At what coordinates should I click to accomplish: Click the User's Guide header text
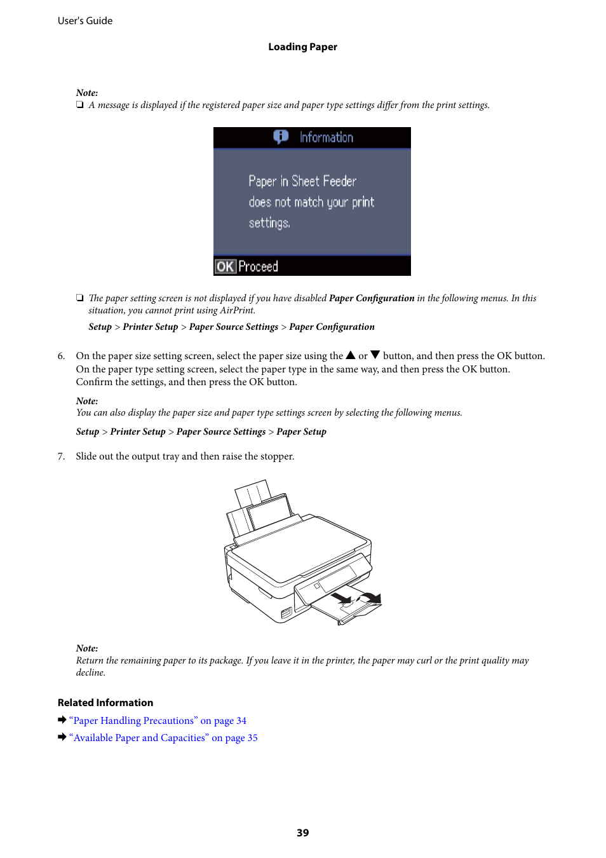pyautogui.click(x=85, y=21)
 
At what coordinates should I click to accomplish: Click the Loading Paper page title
pyautogui.click(x=302, y=47)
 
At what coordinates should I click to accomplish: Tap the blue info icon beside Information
pyautogui.click(x=281, y=137)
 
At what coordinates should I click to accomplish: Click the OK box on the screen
pyautogui.click(x=225, y=266)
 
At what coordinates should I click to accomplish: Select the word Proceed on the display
pyautogui.click(x=258, y=266)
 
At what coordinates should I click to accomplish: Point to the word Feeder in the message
pyautogui.click(x=340, y=181)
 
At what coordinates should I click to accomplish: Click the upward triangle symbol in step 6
pyautogui.click(x=351, y=355)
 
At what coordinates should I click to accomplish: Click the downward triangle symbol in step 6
pyautogui.click(x=375, y=355)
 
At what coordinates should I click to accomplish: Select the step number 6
pyautogui.click(x=61, y=356)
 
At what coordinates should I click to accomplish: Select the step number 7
pyautogui.click(x=61, y=456)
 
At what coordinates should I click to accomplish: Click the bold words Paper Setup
pyautogui.click(x=301, y=432)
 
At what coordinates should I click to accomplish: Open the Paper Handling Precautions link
pyautogui.click(x=158, y=721)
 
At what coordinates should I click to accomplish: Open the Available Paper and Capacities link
pyautogui.click(x=163, y=738)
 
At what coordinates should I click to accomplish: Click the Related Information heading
pyautogui.click(x=105, y=702)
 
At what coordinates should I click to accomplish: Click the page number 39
pyautogui.click(x=303, y=833)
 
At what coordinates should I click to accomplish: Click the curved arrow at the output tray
pyautogui.click(x=372, y=597)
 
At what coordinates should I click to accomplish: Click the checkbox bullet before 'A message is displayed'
pyautogui.click(x=79, y=105)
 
